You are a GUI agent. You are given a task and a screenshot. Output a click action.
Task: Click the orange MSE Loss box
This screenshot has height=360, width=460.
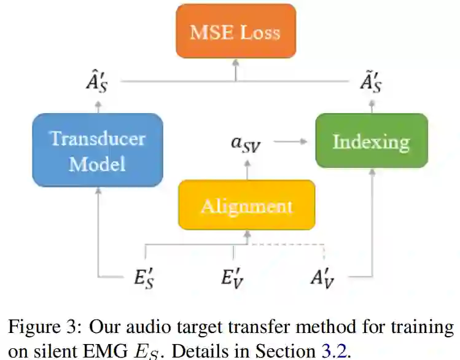coord(235,31)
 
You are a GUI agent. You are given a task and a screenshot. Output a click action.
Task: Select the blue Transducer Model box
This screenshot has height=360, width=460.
coord(98,150)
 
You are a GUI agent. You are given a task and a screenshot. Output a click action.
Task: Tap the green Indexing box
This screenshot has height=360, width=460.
coord(371,141)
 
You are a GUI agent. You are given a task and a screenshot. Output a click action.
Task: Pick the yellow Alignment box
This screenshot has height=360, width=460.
coord(246,205)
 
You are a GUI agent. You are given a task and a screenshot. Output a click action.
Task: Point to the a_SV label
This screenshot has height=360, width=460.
coord(246,144)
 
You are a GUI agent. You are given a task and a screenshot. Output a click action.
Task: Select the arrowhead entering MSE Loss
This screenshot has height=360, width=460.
coord(235,62)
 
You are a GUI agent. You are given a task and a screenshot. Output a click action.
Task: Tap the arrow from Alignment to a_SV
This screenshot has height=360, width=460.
coord(246,169)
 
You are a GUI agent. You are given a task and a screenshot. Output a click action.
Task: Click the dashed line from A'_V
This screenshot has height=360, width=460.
coord(289,245)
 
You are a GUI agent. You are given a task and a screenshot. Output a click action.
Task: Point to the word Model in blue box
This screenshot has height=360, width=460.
coord(98,164)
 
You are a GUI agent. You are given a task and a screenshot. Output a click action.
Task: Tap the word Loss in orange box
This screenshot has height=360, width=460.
coord(260,32)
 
